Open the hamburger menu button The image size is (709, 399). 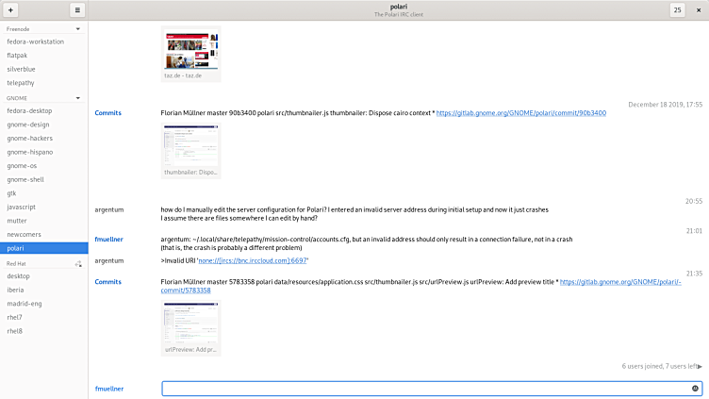[77, 9]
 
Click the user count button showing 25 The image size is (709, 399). [677, 9]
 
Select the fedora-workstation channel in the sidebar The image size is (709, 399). [36, 42]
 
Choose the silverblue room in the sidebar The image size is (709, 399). [23, 69]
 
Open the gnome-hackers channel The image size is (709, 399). [29, 138]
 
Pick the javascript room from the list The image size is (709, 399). [22, 207]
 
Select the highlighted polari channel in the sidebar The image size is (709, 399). [17, 247]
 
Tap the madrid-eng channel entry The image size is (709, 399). [25, 304]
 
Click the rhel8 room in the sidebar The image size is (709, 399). [15, 331]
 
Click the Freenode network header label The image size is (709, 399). [18, 29]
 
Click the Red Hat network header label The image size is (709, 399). [17, 263]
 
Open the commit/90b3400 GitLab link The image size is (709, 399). [521, 113]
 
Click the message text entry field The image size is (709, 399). [424, 388]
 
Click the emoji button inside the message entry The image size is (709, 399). [695, 388]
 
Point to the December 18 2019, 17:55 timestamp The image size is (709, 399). [665, 104]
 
